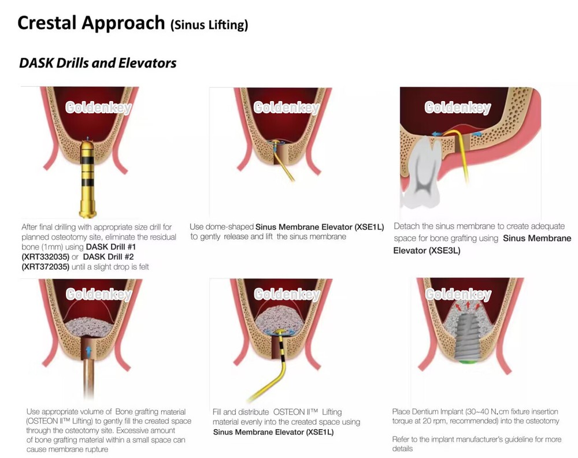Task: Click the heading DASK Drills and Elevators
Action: (x=98, y=63)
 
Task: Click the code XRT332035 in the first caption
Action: (x=45, y=257)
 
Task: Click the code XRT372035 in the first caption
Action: (x=45, y=267)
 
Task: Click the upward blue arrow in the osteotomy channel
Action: (x=88, y=352)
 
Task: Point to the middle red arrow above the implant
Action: (x=468, y=305)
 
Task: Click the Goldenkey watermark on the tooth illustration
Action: (x=457, y=107)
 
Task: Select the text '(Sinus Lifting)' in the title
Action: (x=209, y=25)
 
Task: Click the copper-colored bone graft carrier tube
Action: (x=88, y=376)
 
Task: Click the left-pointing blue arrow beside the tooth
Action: (x=438, y=134)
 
